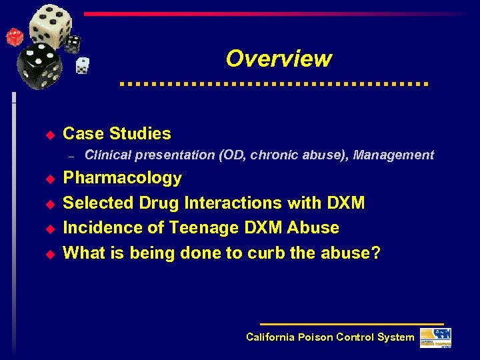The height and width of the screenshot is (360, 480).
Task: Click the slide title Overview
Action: click(x=278, y=59)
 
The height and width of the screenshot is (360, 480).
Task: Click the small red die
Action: click(x=14, y=37)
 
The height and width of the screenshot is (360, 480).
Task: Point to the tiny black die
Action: click(x=72, y=43)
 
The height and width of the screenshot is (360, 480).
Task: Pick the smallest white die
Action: click(x=83, y=65)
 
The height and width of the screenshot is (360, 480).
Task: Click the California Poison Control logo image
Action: click(x=435, y=337)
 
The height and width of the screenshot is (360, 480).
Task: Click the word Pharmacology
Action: click(x=122, y=178)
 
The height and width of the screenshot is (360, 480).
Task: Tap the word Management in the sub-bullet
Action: click(x=393, y=155)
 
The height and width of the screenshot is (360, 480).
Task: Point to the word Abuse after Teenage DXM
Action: click(x=313, y=228)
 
